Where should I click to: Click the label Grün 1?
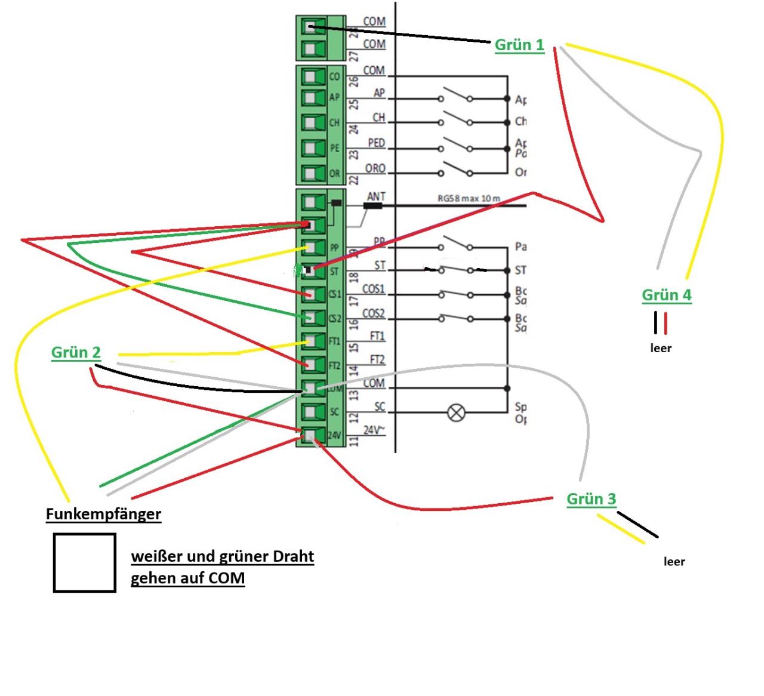pyautogui.click(x=519, y=45)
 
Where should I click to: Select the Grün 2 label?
pyautogui.click(x=76, y=353)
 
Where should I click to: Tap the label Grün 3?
pyautogui.click(x=591, y=499)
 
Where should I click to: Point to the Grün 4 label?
pyautogui.click(x=666, y=295)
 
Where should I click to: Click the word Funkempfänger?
pyautogui.click(x=103, y=514)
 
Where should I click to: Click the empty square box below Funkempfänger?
pyautogui.click(x=84, y=562)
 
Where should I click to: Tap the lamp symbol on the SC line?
pyautogui.click(x=457, y=412)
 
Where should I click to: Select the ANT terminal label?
pyautogui.click(x=376, y=196)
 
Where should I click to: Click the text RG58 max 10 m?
pyautogui.click(x=469, y=199)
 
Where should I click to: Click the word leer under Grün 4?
pyautogui.click(x=661, y=349)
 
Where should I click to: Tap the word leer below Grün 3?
pyautogui.click(x=674, y=562)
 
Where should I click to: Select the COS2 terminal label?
pyautogui.click(x=374, y=313)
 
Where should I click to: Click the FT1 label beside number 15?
pyautogui.click(x=377, y=336)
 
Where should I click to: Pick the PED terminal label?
pyautogui.click(x=376, y=143)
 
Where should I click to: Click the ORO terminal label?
pyautogui.click(x=375, y=168)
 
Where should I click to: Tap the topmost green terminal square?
pyautogui.click(x=310, y=27)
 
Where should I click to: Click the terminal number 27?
pyautogui.click(x=353, y=56)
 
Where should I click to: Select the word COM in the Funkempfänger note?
pyautogui.click(x=229, y=578)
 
